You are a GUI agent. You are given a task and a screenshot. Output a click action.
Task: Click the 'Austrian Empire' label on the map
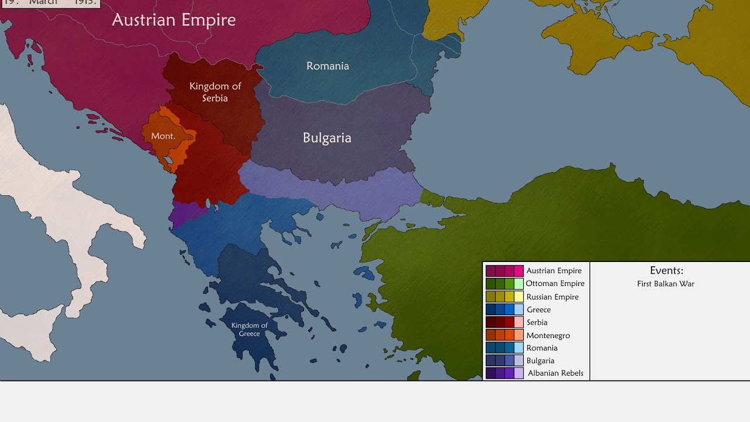point(173,20)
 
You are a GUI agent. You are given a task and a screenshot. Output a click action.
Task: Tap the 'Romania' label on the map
point(328,66)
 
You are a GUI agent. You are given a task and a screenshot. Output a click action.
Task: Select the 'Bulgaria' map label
point(327,138)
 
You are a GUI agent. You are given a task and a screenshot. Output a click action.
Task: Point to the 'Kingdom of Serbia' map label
point(215,92)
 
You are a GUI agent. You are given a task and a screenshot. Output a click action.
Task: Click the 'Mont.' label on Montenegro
point(163,136)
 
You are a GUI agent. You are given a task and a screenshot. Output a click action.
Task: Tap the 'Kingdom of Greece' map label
point(249,329)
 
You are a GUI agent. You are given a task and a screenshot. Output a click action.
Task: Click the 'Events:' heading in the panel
point(666,271)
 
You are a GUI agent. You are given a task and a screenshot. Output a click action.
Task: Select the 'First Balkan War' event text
point(666,284)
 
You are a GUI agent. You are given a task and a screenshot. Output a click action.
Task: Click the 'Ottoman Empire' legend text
point(555,284)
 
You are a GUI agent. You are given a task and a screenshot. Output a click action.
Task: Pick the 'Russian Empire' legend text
point(552,297)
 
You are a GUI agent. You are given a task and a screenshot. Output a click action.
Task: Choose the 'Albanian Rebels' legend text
point(555,373)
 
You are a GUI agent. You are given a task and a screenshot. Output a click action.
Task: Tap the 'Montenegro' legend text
point(548,335)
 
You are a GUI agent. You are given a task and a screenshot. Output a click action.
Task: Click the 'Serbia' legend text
point(537,322)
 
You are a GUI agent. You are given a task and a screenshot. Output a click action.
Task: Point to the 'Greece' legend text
point(538,309)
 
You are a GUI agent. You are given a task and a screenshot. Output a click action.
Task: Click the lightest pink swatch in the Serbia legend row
point(519,322)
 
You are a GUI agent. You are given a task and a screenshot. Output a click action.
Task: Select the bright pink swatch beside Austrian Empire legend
point(519,271)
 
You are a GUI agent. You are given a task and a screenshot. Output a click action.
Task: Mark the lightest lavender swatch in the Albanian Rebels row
point(519,373)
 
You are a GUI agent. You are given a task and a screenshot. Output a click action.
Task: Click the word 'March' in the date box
point(43,2)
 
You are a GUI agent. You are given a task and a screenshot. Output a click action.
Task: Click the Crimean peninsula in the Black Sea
point(592,23)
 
